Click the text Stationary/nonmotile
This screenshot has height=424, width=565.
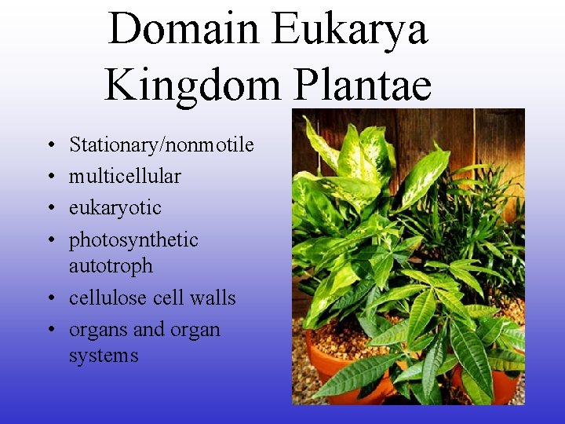(162, 145)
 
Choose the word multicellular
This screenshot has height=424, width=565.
(125, 177)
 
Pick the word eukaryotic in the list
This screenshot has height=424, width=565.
(115, 208)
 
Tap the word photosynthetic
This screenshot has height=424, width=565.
(133, 240)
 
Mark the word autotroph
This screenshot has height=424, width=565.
(111, 266)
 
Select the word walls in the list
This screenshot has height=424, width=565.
(213, 298)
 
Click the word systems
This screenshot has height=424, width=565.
(104, 356)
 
